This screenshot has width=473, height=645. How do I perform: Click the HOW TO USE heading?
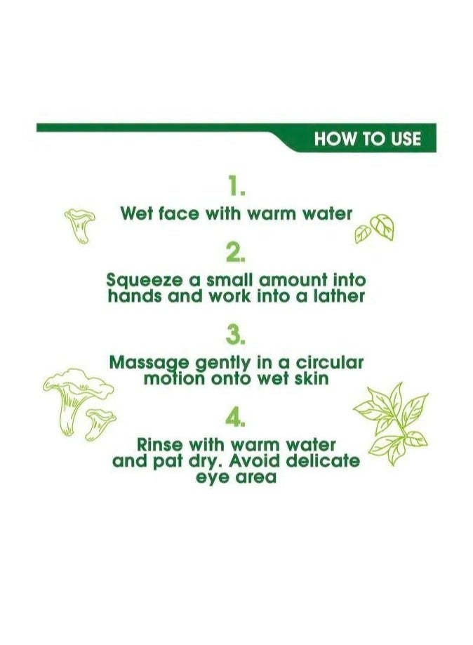pyautogui.click(x=367, y=139)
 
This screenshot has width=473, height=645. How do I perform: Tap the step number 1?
pyautogui.click(x=236, y=186)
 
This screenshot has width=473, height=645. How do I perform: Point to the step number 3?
pyautogui.click(x=236, y=335)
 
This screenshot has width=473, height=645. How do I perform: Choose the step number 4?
pyautogui.click(x=236, y=419)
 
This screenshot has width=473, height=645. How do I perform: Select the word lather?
pyautogui.click(x=339, y=296)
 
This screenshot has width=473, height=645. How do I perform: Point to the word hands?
pyautogui.click(x=134, y=296)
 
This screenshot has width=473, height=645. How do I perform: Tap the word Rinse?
pyautogui.click(x=161, y=445)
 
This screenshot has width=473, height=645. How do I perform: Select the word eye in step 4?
pyautogui.click(x=211, y=477)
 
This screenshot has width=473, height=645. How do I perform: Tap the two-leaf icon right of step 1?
pyautogui.click(x=374, y=228)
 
